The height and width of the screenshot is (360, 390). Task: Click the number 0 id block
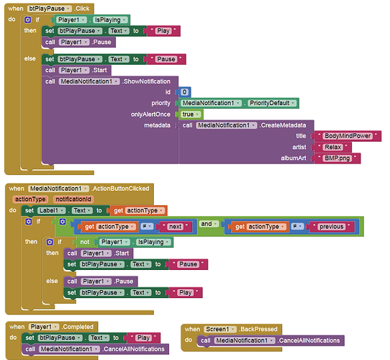click(184, 92)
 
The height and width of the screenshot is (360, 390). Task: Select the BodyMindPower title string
click(348, 136)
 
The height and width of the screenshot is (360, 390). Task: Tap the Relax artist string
click(333, 147)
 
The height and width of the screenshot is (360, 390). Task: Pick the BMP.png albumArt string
click(337, 158)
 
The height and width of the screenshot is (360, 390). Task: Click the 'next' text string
click(176, 227)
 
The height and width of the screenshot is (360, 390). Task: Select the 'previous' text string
click(332, 227)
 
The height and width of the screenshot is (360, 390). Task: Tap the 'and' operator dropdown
click(209, 224)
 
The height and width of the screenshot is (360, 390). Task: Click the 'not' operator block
click(85, 242)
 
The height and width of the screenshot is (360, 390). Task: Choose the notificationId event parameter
click(73, 199)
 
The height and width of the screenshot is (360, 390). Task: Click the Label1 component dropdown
click(52, 211)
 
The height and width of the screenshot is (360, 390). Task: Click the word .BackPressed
click(258, 329)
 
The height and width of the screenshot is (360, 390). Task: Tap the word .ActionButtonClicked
click(120, 189)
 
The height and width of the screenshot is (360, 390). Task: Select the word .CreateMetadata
click(283, 125)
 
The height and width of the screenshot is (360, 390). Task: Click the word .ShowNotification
click(146, 81)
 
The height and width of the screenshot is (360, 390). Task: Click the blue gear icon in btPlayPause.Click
click(27, 19)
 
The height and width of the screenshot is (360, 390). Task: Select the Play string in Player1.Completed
click(143, 338)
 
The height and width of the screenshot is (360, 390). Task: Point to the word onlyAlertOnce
click(150, 114)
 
